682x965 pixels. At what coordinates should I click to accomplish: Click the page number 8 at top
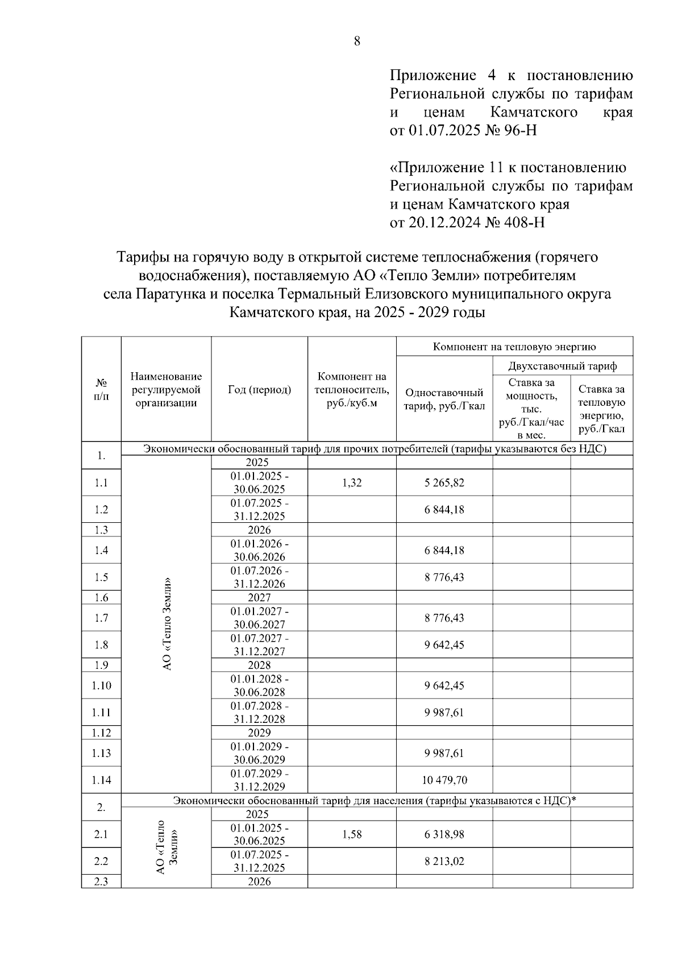click(x=357, y=41)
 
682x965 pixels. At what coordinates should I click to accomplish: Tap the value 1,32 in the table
click(x=352, y=483)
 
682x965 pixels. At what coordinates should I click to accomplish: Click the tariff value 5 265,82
click(x=444, y=483)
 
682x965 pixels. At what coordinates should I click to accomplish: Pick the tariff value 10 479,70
click(x=444, y=780)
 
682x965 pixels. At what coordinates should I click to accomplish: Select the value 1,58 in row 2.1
click(x=352, y=834)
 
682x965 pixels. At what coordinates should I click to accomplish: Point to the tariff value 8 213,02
click(x=444, y=862)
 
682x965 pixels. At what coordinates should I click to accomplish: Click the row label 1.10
click(x=101, y=685)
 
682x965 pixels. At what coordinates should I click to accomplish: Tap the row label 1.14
click(x=101, y=780)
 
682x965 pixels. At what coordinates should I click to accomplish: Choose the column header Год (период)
click(x=259, y=389)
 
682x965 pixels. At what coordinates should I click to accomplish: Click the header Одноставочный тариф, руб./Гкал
click(x=444, y=399)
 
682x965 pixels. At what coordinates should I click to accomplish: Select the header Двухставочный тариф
click(x=562, y=366)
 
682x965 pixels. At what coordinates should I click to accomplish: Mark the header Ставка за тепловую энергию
click(x=601, y=409)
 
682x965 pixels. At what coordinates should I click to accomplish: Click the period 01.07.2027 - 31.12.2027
click(x=259, y=645)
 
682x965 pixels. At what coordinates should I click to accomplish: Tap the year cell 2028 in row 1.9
click(x=259, y=665)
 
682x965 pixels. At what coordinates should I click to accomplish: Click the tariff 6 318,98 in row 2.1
click(x=444, y=834)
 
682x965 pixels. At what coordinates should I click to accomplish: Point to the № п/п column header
click(x=101, y=389)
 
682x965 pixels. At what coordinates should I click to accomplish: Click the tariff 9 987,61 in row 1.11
click(x=444, y=713)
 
